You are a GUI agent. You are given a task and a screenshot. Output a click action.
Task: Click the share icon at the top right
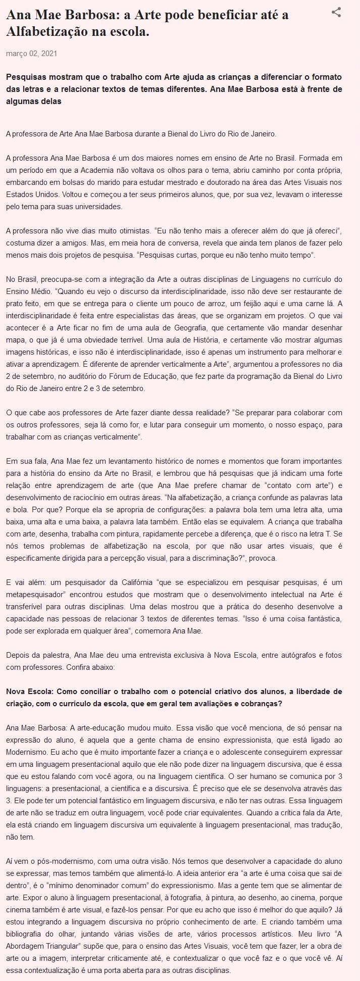336,13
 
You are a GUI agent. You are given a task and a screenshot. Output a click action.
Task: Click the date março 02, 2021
27,53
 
